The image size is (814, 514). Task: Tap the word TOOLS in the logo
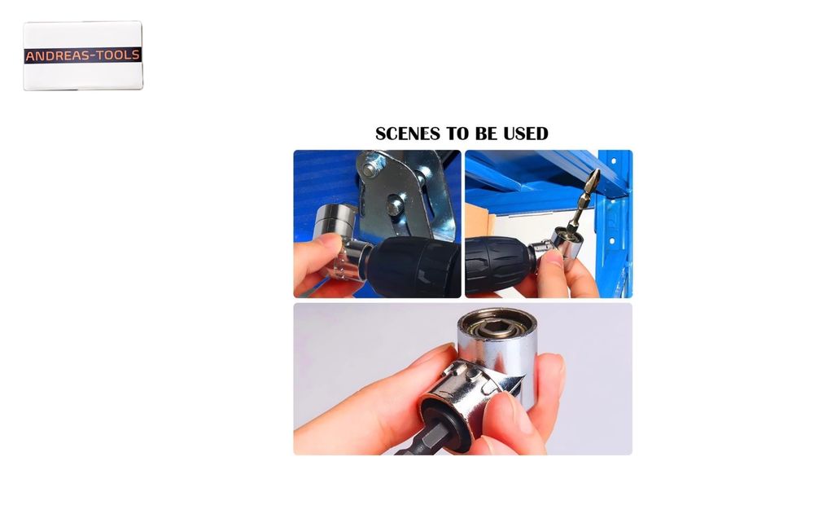[x=118, y=55]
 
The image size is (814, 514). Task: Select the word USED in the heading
[x=525, y=134]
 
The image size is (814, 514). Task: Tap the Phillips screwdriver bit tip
[x=593, y=178]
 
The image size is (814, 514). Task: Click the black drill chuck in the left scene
[x=415, y=267]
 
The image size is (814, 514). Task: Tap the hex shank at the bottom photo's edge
[x=422, y=442]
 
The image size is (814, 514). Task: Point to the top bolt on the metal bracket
[x=369, y=169]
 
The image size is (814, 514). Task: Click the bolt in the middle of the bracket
[x=395, y=205]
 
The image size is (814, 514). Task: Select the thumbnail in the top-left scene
[x=327, y=242]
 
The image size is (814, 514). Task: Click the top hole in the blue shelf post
[x=613, y=161]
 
